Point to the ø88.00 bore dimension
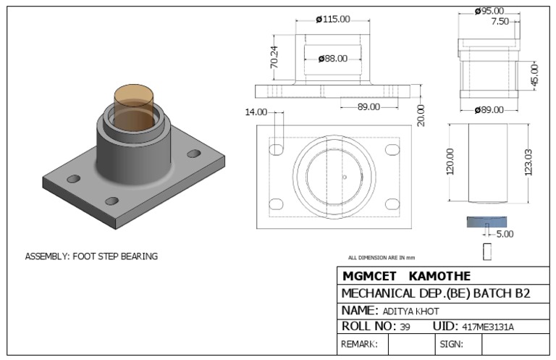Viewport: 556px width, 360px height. coord(332,59)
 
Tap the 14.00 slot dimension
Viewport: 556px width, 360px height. coord(256,112)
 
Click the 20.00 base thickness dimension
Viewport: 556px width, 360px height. coord(421,114)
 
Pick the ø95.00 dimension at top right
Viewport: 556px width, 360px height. coord(489,11)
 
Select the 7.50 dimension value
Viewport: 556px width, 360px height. coord(500,22)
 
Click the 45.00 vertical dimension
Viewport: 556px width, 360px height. coord(535,74)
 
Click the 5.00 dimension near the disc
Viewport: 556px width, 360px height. coord(504,234)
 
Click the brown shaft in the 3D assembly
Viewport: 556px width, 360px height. coord(135,100)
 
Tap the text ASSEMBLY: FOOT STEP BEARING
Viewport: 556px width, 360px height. coord(91,256)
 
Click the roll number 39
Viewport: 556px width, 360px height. coord(405,327)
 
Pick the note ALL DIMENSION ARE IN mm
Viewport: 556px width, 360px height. coord(381,257)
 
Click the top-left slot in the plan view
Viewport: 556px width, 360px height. coord(276,149)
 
